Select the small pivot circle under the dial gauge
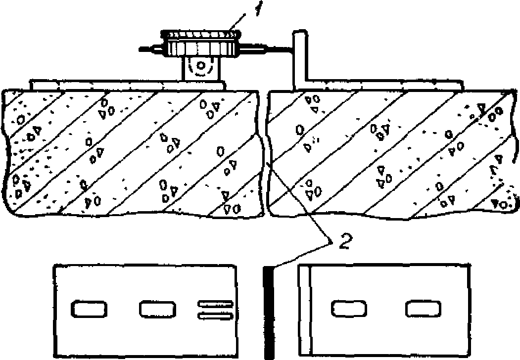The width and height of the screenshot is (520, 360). pyautogui.click(x=201, y=65)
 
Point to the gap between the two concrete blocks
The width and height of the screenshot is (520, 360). pyautogui.click(x=264, y=153)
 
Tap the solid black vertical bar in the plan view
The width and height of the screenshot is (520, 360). pyautogui.click(x=268, y=312)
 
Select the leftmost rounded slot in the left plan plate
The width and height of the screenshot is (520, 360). pyautogui.click(x=90, y=309)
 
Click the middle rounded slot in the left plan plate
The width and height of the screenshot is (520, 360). pyautogui.click(x=156, y=309)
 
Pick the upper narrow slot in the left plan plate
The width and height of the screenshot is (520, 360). pyautogui.click(x=215, y=304)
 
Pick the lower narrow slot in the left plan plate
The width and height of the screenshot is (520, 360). pyautogui.click(x=215, y=315)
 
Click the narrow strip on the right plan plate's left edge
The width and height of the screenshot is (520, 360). pyautogui.click(x=304, y=309)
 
